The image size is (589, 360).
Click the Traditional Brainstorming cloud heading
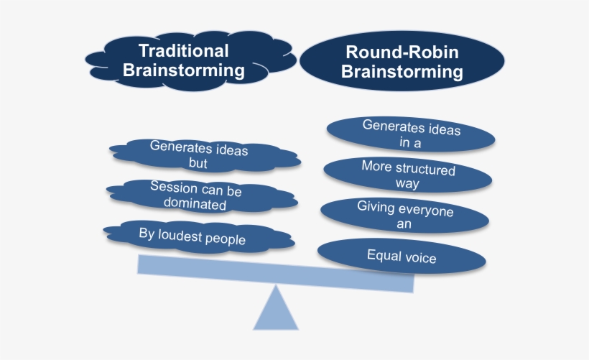pyautogui.click(x=185, y=61)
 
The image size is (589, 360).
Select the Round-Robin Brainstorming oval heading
pyautogui.click(x=402, y=63)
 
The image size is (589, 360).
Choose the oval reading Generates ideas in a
pyautogui.click(x=411, y=134)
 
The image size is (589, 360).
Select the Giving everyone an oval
pyautogui.click(x=407, y=216)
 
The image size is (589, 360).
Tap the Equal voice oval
pyautogui.click(x=402, y=256)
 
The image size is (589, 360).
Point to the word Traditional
pyautogui.click(x=184, y=52)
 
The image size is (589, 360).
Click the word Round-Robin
pyautogui.click(x=402, y=52)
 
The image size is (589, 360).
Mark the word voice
pyautogui.click(x=421, y=257)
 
